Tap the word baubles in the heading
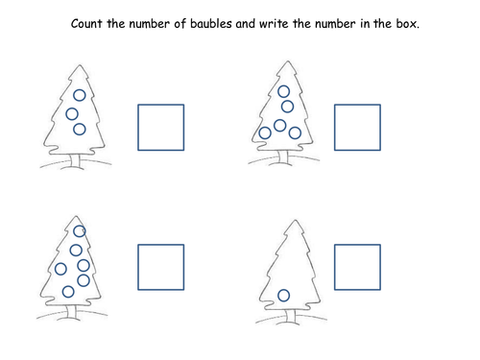point(211,24)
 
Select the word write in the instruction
point(274,24)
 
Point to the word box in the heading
point(407,24)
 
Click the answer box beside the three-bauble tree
point(138,127)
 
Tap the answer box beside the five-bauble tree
point(334,127)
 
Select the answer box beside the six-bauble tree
point(138,267)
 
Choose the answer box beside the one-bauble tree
point(334,267)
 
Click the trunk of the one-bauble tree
point(291,316)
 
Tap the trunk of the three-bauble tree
point(76,160)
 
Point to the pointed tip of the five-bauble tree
point(288,61)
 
